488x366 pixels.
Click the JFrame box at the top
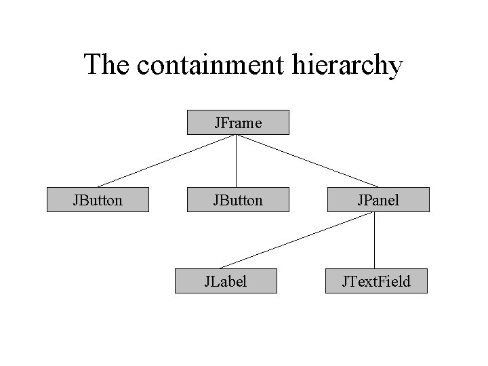238,123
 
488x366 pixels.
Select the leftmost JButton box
98,200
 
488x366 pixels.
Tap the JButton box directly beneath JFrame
238,200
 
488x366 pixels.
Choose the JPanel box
378,200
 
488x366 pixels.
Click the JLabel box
226,281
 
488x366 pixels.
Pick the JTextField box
377,281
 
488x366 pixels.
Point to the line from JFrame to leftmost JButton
166,161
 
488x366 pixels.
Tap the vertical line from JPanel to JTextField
375,241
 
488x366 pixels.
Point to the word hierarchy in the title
350,66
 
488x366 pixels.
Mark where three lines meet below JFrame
236,136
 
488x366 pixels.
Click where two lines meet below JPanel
375,213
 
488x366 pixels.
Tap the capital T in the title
92,65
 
